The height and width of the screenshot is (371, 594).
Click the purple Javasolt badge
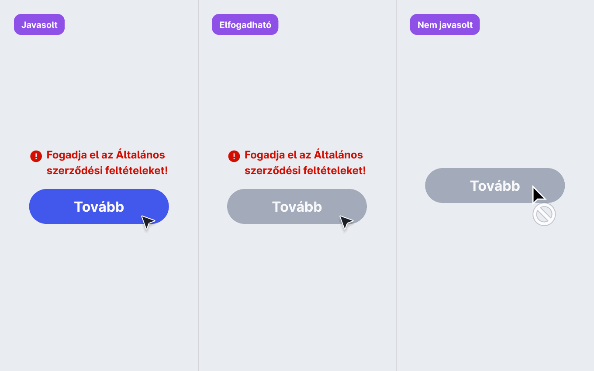[x=39, y=24]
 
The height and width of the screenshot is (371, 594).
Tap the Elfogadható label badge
[x=245, y=24]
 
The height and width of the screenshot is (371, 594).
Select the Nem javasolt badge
[x=445, y=24]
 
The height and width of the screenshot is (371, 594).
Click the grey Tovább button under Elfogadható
[x=297, y=206]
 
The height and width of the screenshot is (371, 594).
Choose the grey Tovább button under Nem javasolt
[x=495, y=185]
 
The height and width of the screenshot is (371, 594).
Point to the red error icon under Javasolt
[x=36, y=156]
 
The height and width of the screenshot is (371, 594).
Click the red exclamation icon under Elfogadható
[x=234, y=156]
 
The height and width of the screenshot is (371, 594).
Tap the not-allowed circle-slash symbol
[x=544, y=214]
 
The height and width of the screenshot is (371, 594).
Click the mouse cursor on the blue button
[x=147, y=222]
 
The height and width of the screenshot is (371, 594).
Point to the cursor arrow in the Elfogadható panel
[x=345, y=222]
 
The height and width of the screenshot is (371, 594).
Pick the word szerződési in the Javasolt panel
[x=75, y=170]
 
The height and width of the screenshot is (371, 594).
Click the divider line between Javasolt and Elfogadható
[x=198, y=185]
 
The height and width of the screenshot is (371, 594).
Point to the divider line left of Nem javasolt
[x=397, y=185]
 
